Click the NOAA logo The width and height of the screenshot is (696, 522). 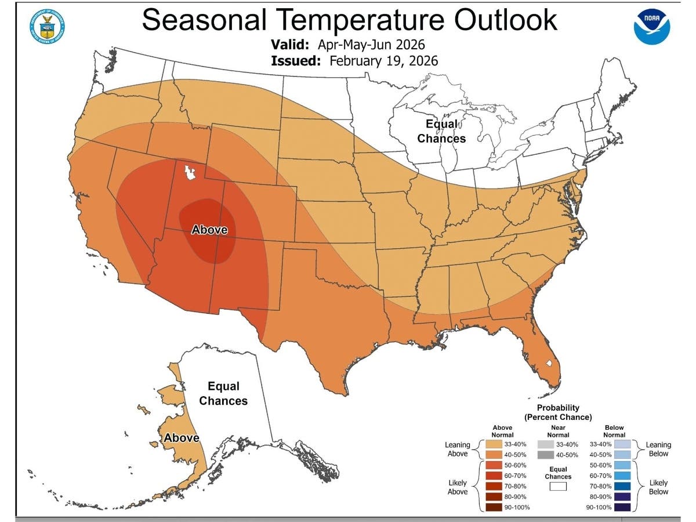(x=651, y=27)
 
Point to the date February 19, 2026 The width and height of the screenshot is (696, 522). (x=383, y=61)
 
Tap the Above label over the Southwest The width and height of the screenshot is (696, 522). (x=209, y=230)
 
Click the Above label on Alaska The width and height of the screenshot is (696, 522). (x=182, y=438)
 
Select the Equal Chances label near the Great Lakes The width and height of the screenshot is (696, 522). (x=441, y=131)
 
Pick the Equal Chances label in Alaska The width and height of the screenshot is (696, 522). (x=223, y=393)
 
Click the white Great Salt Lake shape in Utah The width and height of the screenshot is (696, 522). (x=188, y=172)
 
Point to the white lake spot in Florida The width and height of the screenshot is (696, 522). (x=549, y=364)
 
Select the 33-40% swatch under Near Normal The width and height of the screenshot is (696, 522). (x=545, y=444)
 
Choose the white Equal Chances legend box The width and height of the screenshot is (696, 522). (x=557, y=487)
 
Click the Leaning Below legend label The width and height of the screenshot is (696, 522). (x=658, y=449)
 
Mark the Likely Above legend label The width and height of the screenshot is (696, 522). (x=457, y=487)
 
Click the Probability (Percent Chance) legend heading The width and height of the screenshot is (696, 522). (x=558, y=412)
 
